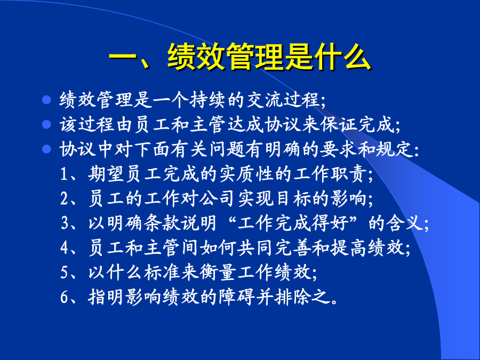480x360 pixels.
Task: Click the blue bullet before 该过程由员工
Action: point(46,124)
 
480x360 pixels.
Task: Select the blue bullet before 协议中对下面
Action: point(46,149)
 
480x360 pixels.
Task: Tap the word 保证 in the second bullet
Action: point(338,124)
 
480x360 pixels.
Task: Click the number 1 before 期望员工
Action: point(63,174)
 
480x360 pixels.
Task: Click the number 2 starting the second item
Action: point(64,199)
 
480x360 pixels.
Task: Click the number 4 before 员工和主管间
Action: point(64,248)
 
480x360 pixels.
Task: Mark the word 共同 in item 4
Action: point(255,247)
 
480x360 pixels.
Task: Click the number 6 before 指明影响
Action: point(64,297)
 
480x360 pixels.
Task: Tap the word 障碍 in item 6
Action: point(236,297)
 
